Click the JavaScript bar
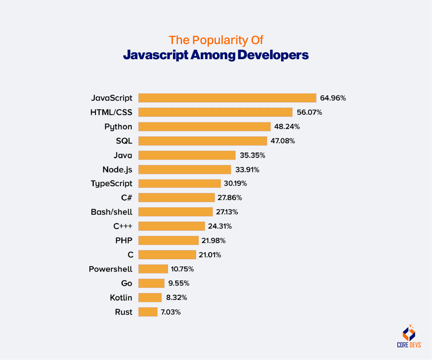(227, 98)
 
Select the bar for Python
(204, 127)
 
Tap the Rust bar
(148, 312)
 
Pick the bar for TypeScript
(179, 183)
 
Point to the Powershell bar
(153, 269)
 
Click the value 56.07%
(309, 112)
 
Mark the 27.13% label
(227, 212)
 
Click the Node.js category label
(117, 169)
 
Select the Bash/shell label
(111, 212)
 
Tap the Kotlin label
(121, 298)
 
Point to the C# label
(126, 198)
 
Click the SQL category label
(124, 141)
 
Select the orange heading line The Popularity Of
(216, 40)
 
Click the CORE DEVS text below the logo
(408, 346)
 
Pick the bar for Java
(187, 155)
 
